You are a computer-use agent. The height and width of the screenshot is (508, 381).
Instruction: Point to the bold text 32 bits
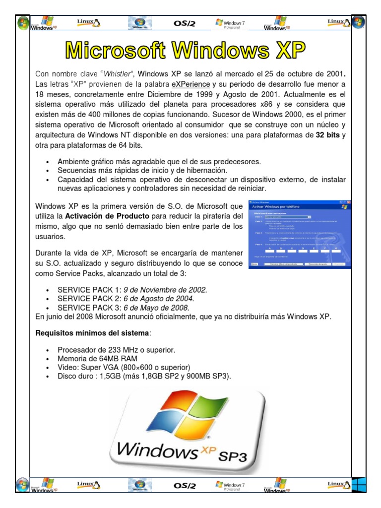(328, 134)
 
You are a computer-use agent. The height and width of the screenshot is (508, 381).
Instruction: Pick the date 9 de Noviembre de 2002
(165, 290)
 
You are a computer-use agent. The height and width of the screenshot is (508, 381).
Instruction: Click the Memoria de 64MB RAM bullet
(97, 359)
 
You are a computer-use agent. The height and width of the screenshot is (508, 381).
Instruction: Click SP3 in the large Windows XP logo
(229, 455)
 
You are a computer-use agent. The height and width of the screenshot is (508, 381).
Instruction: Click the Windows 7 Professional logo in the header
(230, 23)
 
